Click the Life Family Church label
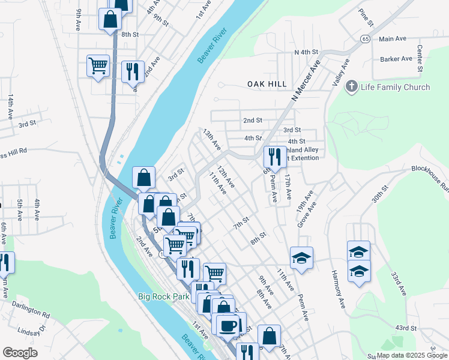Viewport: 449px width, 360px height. (x=395, y=87)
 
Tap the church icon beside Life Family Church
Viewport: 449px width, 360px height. (x=352, y=87)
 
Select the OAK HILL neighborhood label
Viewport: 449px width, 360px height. (x=267, y=85)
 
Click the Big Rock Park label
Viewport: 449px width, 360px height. (x=164, y=296)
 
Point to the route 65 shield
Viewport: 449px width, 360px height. (x=365, y=38)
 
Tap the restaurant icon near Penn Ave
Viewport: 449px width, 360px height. (x=275, y=157)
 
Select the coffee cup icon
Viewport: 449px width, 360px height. (x=227, y=326)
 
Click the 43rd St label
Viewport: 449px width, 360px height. (x=406, y=328)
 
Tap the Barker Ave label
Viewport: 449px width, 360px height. (x=396, y=59)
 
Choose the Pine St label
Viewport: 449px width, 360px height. (x=366, y=17)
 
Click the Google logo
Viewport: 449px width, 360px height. (x=20, y=353)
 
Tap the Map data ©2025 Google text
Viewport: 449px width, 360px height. (x=411, y=355)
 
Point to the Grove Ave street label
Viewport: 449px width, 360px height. (x=305, y=209)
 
